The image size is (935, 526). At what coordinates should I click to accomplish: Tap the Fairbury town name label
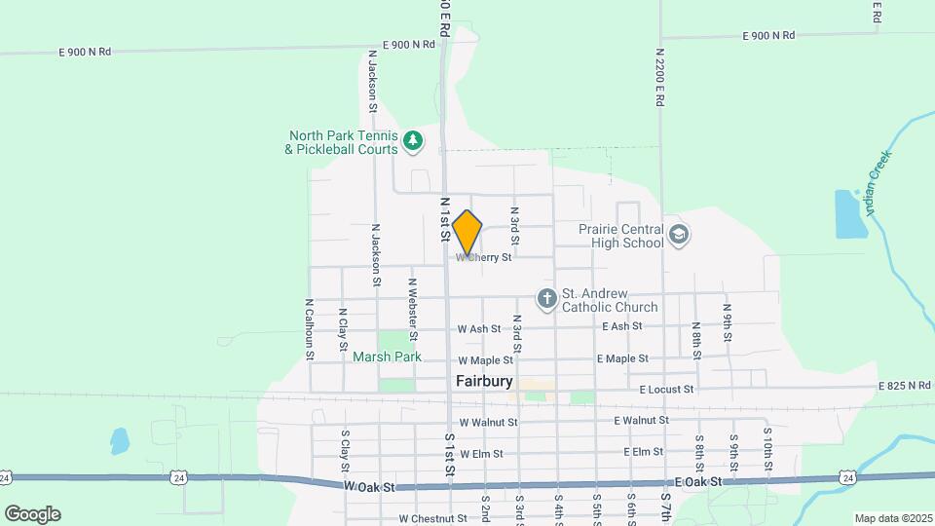pos(484,381)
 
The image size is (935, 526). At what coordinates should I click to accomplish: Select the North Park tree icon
pos(413,141)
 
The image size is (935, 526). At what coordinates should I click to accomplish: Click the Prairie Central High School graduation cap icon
pos(679,235)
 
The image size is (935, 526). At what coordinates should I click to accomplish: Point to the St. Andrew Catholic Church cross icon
pos(547,298)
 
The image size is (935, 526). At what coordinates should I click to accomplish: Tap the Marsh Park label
pos(387,357)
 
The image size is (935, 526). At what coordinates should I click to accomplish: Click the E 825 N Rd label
pos(905,387)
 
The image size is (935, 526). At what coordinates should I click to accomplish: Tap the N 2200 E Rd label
pos(659,77)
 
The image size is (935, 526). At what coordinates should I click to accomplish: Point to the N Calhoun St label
pos(309,329)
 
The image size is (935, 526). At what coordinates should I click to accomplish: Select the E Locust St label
pos(666,390)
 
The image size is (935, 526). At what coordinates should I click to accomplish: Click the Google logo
pos(32,513)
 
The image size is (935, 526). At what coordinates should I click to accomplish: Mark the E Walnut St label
pos(641,421)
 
